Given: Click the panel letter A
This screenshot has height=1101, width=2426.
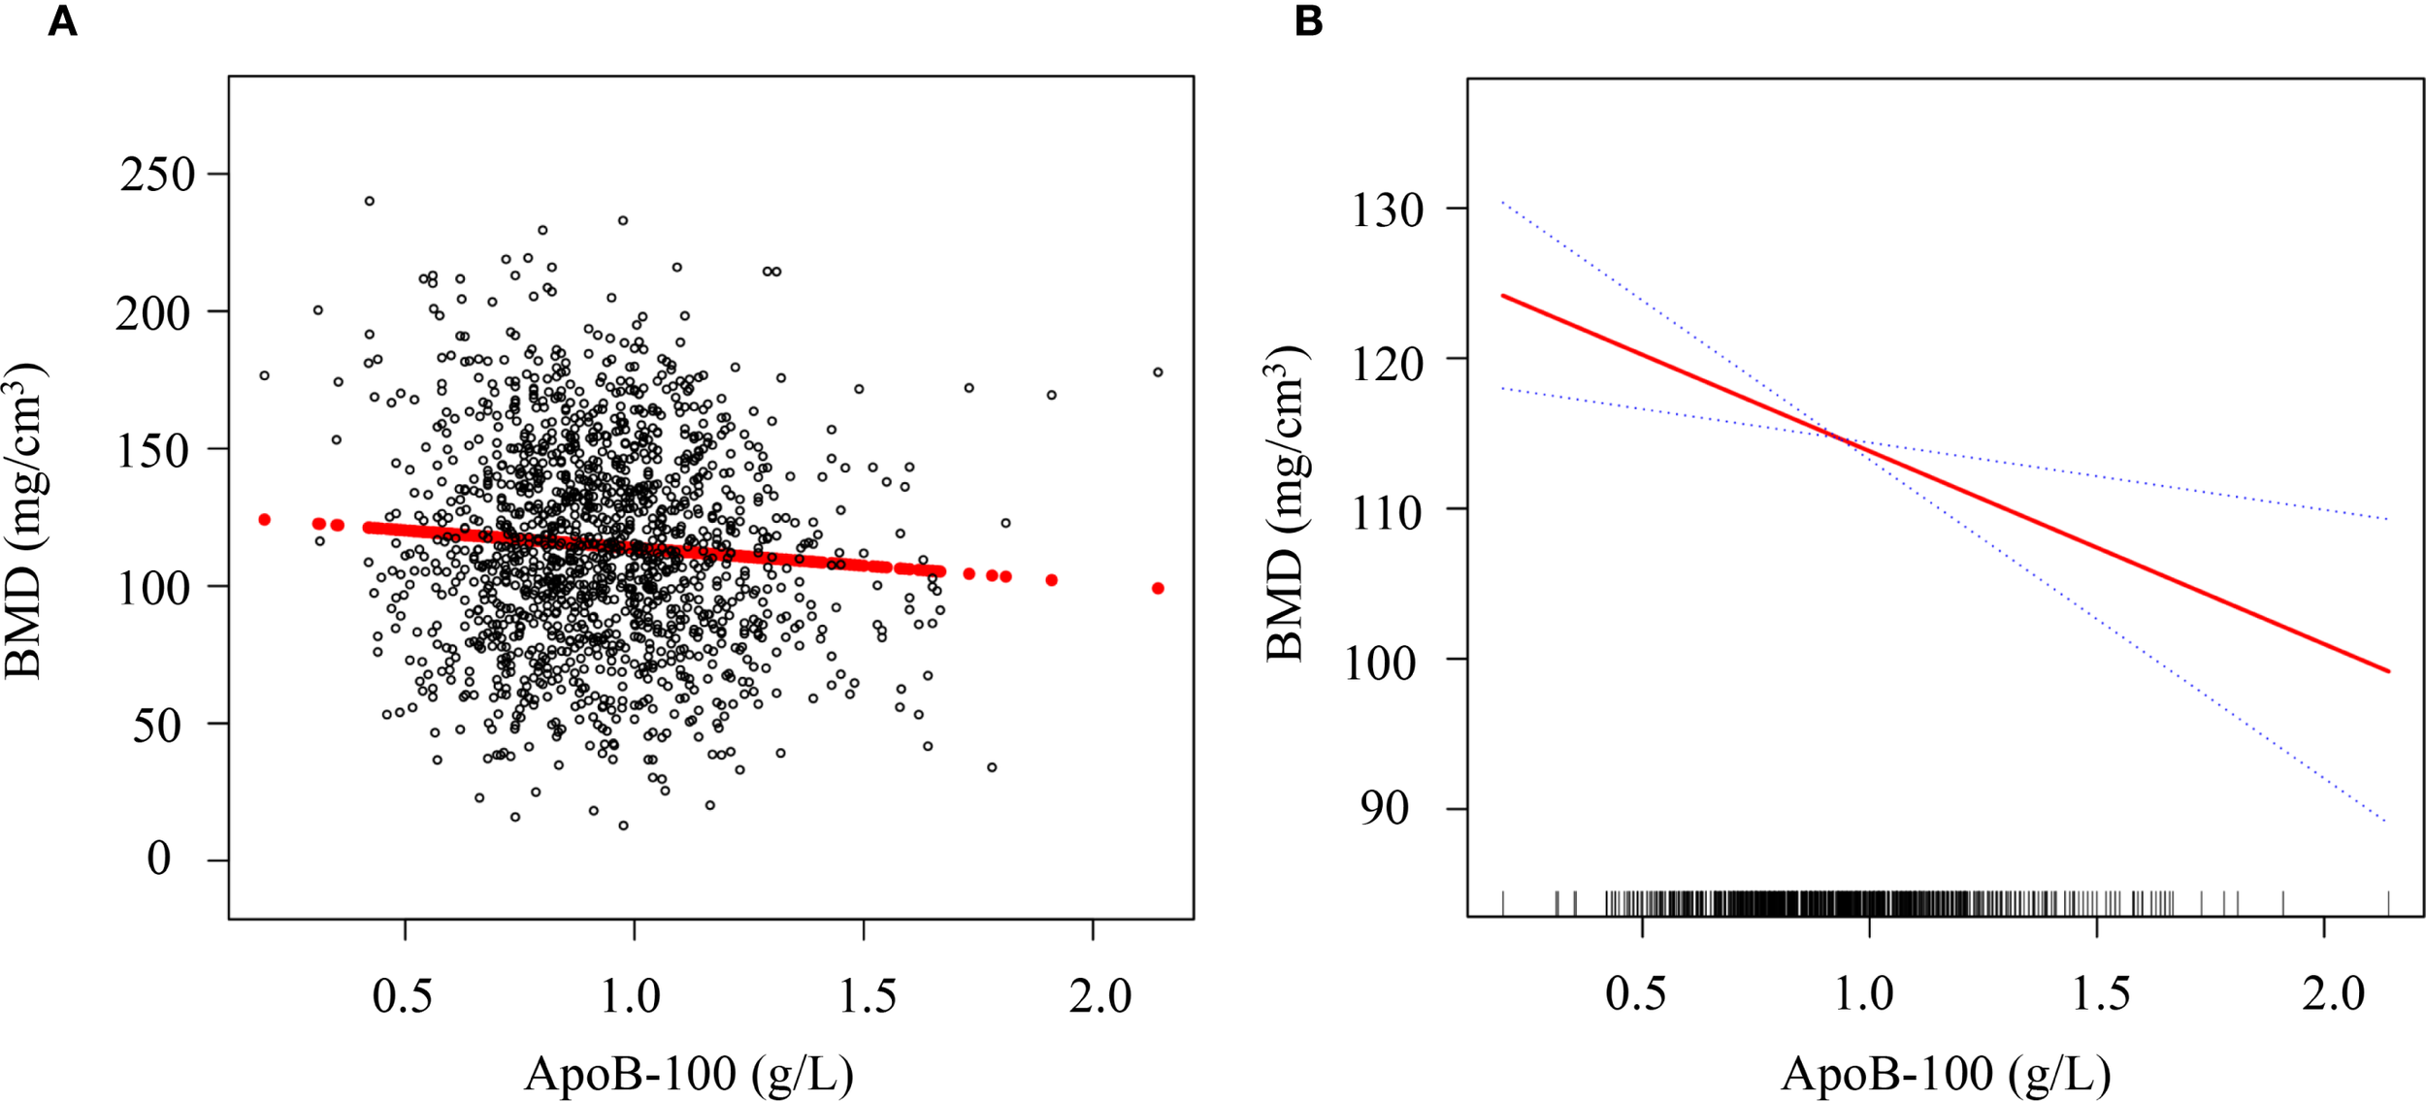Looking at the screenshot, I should click(62, 21).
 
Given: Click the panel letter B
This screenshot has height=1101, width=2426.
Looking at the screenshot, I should click(1308, 21).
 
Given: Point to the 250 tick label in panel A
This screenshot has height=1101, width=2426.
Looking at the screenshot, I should click(158, 176).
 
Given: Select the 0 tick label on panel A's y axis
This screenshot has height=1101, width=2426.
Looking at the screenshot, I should click(159, 858).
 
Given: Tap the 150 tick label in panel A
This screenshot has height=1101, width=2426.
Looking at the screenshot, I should click(156, 451).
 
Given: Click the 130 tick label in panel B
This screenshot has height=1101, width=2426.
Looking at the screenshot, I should click(1388, 210).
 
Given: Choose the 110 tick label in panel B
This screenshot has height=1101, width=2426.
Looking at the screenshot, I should click(1388, 512).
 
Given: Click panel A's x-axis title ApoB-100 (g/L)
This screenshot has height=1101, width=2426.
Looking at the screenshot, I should click(689, 1074).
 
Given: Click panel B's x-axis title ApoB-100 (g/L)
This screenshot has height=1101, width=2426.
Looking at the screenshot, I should click(1946, 1074).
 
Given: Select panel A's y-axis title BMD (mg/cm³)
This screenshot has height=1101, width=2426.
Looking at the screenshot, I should click(23, 522).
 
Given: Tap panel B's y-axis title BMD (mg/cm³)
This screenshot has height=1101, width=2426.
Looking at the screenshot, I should click(1286, 504).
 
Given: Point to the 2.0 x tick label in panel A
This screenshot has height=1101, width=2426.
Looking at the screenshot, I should click(1100, 997).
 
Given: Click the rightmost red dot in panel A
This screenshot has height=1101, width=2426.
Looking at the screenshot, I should click(1158, 589).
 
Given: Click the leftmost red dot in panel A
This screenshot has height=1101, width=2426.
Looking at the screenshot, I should click(264, 520).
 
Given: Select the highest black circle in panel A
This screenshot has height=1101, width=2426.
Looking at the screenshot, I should click(370, 201).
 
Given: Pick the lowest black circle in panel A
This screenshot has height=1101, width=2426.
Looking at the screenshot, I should click(623, 826).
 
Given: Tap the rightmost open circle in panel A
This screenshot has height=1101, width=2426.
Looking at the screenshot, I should click(1158, 372).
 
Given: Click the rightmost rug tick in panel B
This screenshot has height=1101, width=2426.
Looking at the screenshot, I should click(2388, 903).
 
